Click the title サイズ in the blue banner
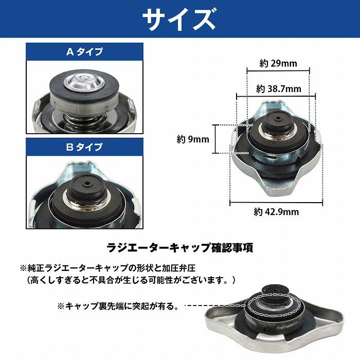coord(179,20)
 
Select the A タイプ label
coord(84,51)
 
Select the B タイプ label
coord(84,147)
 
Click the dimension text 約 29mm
coord(278,64)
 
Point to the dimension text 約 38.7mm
coord(278,89)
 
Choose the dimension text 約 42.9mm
coord(276,211)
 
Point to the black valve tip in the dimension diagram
coord(276,120)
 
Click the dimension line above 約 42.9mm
coord(276,203)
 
